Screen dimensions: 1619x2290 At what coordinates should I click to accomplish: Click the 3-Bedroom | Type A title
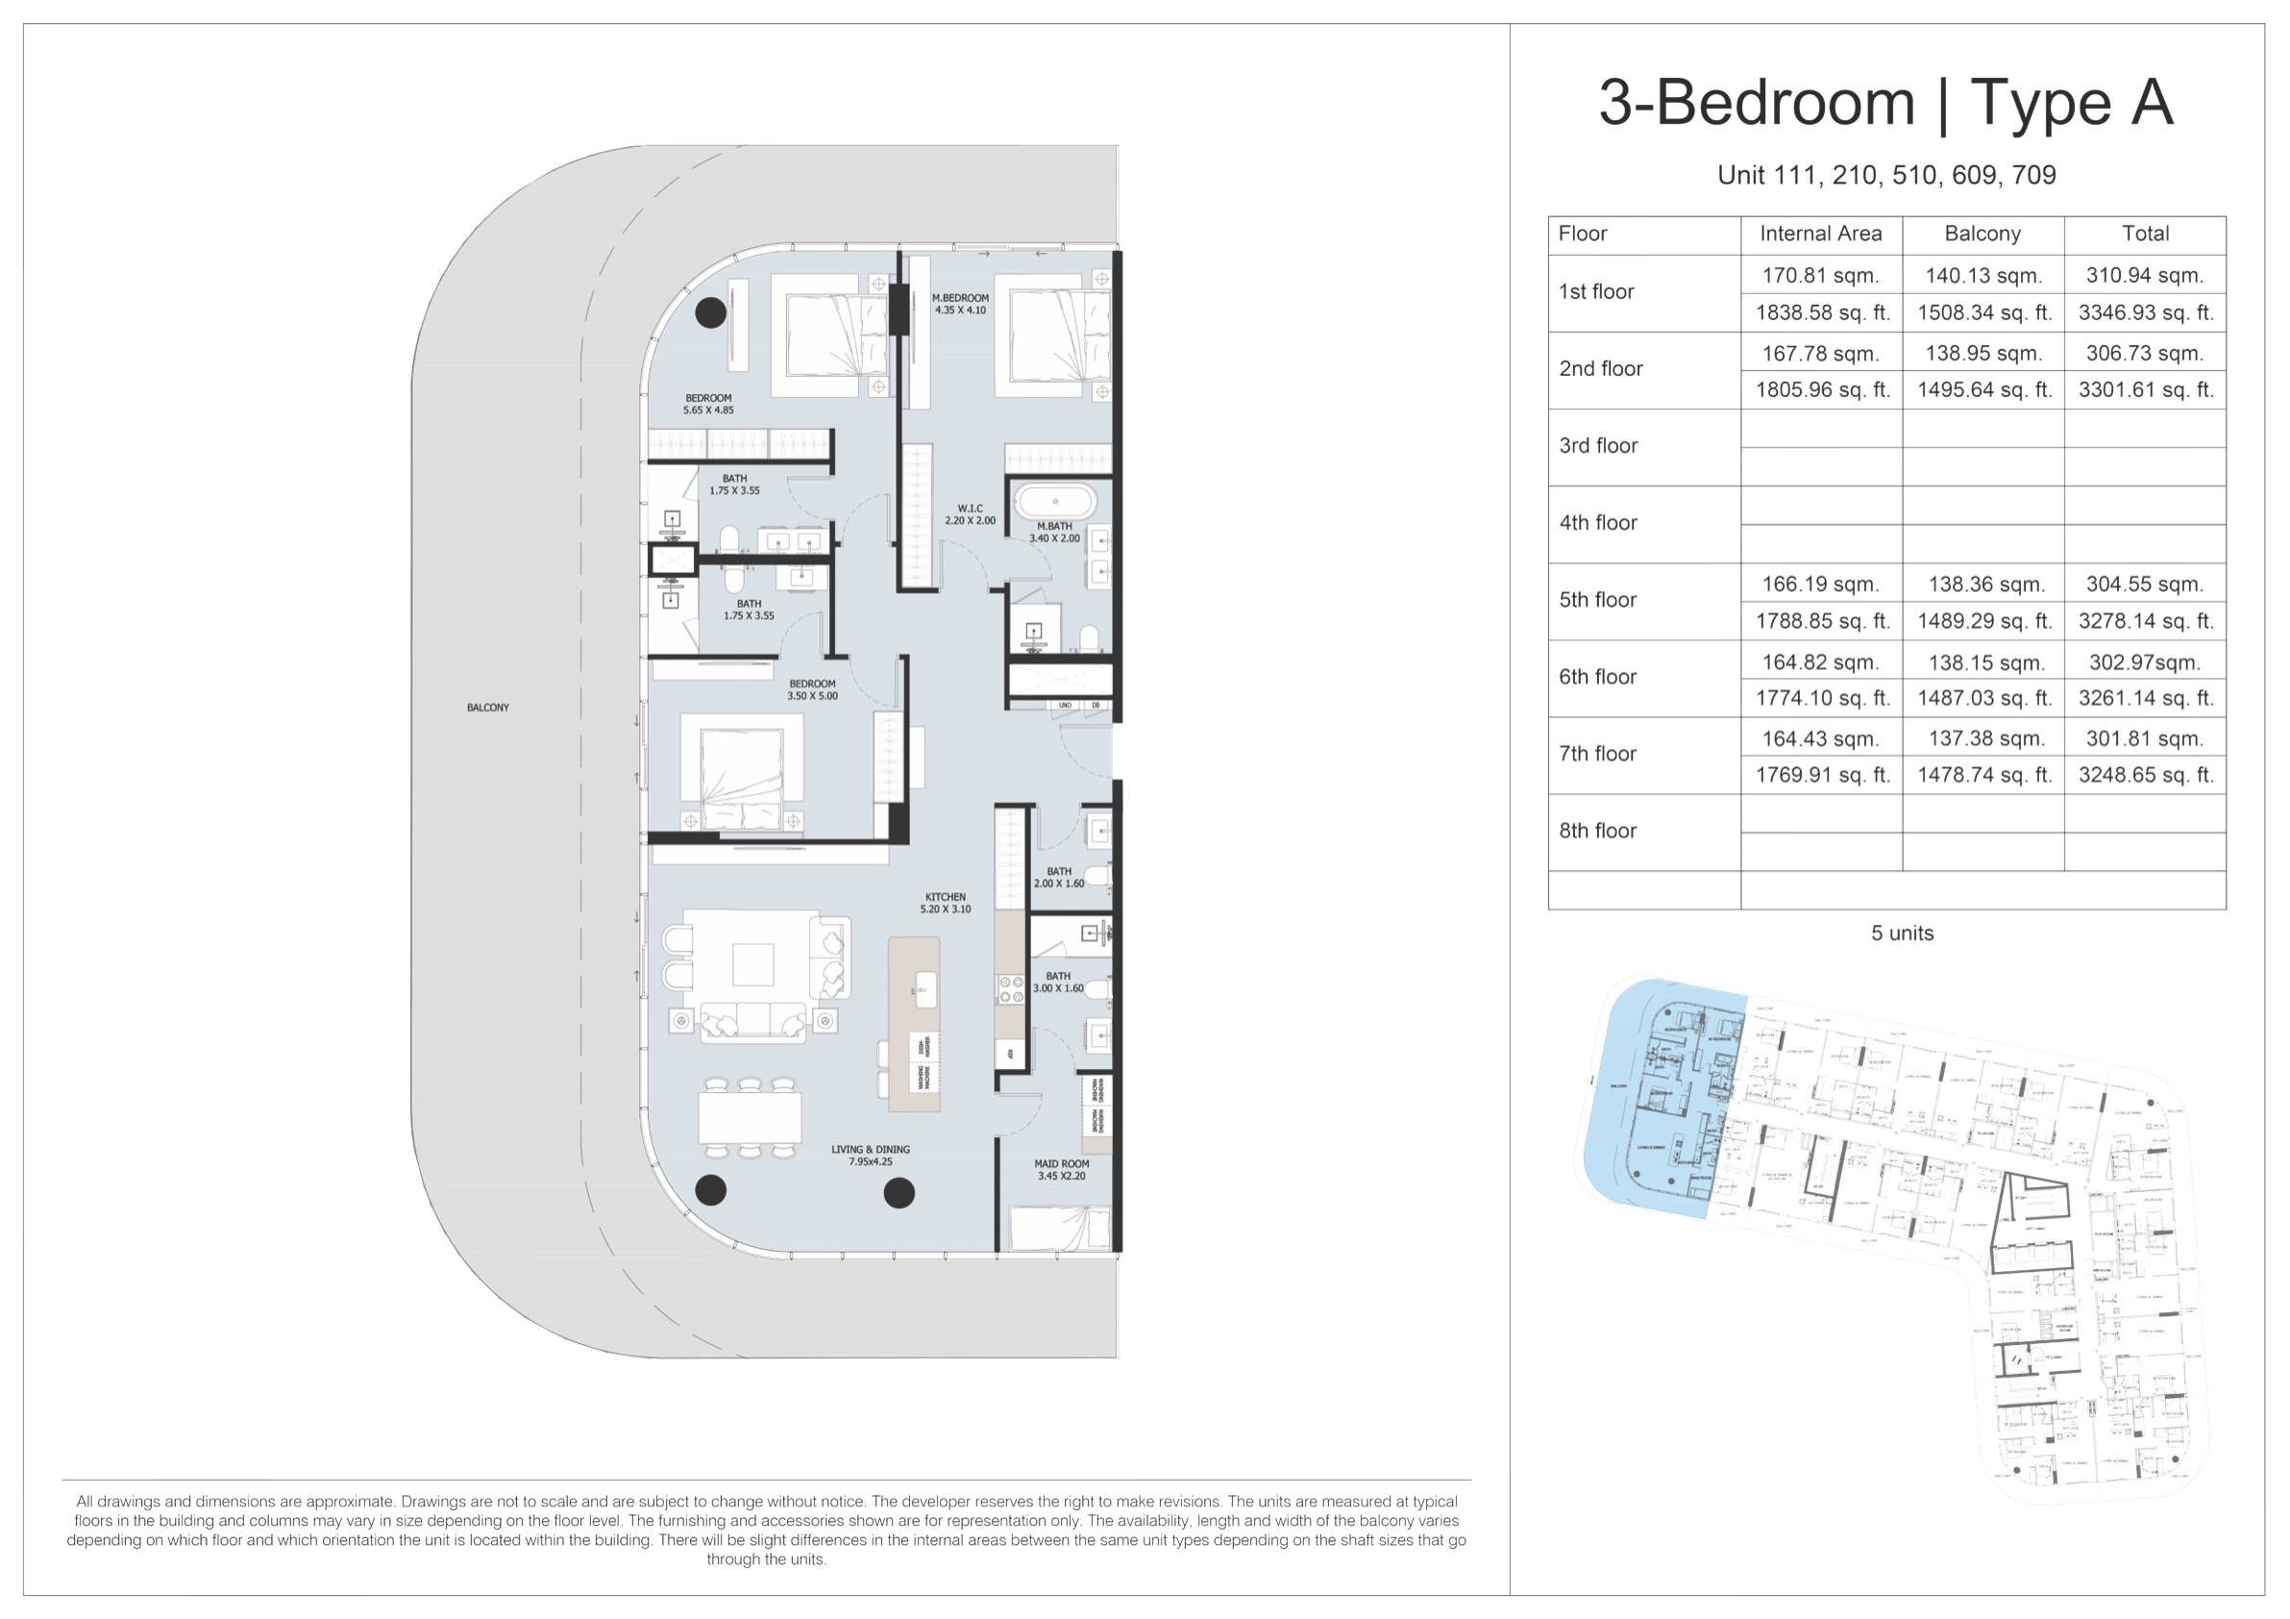pos(1885,103)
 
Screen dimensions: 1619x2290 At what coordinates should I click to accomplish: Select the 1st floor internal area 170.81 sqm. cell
pos(1820,275)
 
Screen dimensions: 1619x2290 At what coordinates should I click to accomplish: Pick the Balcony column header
pos(1982,234)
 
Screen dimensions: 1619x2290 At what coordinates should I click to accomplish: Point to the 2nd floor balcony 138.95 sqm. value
pos(1982,353)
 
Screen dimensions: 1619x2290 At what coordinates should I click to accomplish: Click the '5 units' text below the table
pos(1901,933)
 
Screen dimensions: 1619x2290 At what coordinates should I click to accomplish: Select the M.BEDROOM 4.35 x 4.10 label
pos(960,304)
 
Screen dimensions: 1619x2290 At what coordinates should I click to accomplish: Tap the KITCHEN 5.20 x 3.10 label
pos(945,903)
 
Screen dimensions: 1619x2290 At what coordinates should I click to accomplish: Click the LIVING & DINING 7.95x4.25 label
pos(870,1156)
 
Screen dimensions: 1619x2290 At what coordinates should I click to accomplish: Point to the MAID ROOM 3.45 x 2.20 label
pos(1061,1169)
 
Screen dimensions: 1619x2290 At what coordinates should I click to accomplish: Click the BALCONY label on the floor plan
pos(488,708)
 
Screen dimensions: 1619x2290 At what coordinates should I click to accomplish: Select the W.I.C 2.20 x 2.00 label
pos(970,513)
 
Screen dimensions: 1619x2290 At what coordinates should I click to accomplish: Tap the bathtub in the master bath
pos(1055,501)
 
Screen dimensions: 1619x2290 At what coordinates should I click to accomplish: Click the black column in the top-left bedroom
pos(710,312)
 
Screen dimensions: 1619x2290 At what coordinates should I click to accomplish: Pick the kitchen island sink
pos(925,984)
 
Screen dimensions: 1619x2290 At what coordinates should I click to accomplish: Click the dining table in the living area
pos(749,1117)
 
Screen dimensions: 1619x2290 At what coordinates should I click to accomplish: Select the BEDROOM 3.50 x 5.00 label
pos(812,689)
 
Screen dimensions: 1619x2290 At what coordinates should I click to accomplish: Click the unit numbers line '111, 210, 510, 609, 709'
pos(1885,176)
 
